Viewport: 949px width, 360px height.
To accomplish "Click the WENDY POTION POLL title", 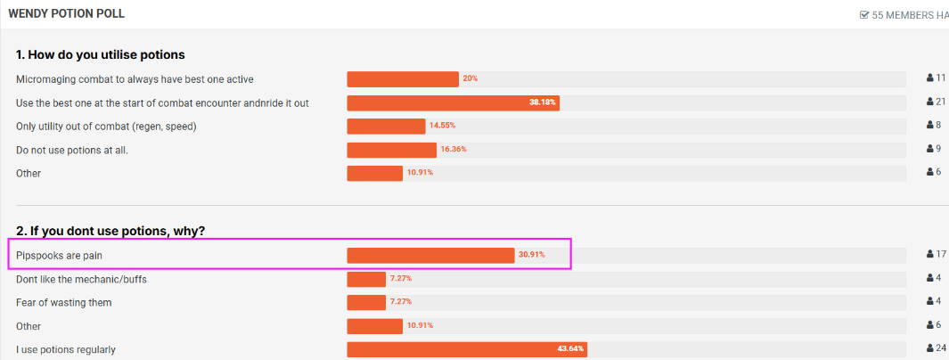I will (x=66, y=14).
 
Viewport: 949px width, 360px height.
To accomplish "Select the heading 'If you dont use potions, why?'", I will (x=110, y=231).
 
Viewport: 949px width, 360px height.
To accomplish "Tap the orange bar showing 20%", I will (x=403, y=79).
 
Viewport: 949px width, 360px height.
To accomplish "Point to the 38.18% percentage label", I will (x=542, y=102).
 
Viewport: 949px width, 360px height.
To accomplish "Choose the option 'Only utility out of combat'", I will (x=106, y=127).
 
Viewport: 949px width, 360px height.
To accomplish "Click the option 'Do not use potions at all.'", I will (x=72, y=150).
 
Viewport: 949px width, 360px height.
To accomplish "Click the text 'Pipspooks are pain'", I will (x=66, y=256).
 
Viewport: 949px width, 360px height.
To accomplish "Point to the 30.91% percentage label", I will (x=531, y=256).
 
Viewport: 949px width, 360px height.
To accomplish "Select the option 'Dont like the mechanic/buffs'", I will (x=81, y=279).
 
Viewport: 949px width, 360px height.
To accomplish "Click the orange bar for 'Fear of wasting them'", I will (x=366, y=303).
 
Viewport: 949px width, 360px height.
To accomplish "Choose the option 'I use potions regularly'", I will (x=66, y=349).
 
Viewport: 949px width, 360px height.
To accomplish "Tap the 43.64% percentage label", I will (x=570, y=349).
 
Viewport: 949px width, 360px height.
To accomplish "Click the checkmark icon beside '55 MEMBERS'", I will (x=863, y=15).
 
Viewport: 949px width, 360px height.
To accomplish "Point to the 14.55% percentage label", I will (x=443, y=127).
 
